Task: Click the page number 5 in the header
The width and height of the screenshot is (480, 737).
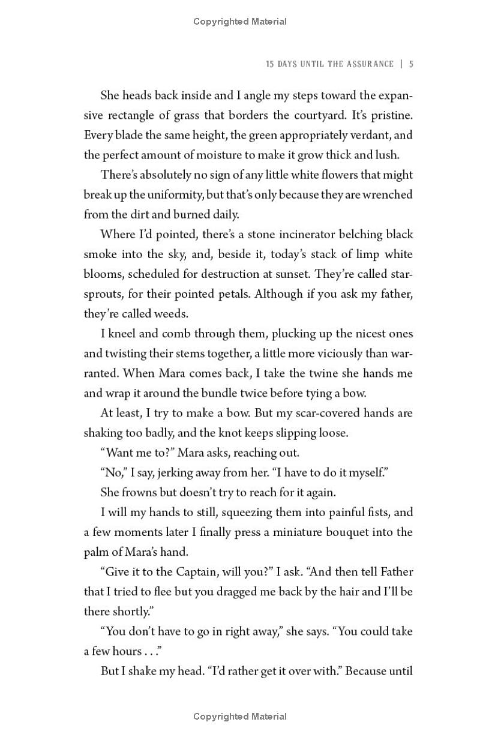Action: click(x=411, y=64)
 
